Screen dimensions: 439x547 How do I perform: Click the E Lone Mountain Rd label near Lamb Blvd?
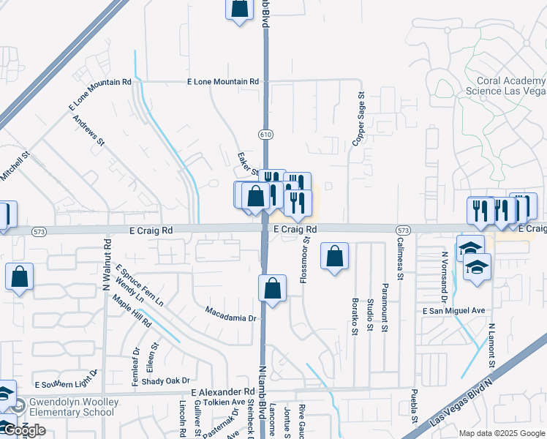223,82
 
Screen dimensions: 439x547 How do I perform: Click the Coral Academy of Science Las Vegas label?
506,86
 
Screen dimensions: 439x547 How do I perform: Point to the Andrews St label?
89,130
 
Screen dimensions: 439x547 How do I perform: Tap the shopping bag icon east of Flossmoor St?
334,256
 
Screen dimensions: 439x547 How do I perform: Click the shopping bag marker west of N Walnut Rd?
20,277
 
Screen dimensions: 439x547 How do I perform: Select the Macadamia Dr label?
230,318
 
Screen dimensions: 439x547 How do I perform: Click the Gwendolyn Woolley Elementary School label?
71,407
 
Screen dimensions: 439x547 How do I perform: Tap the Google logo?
23,430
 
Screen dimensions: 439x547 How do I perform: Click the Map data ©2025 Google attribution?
501,433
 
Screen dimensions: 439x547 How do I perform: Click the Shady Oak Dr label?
166,380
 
